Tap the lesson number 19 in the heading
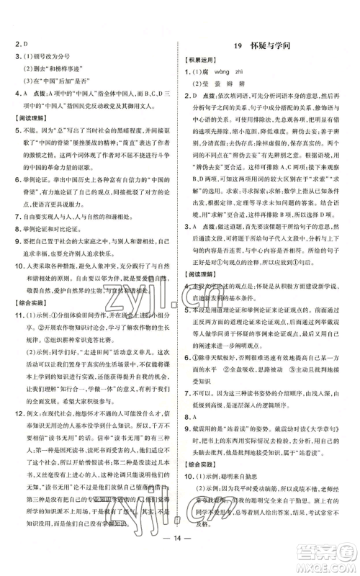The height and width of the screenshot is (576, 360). (x=240, y=46)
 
